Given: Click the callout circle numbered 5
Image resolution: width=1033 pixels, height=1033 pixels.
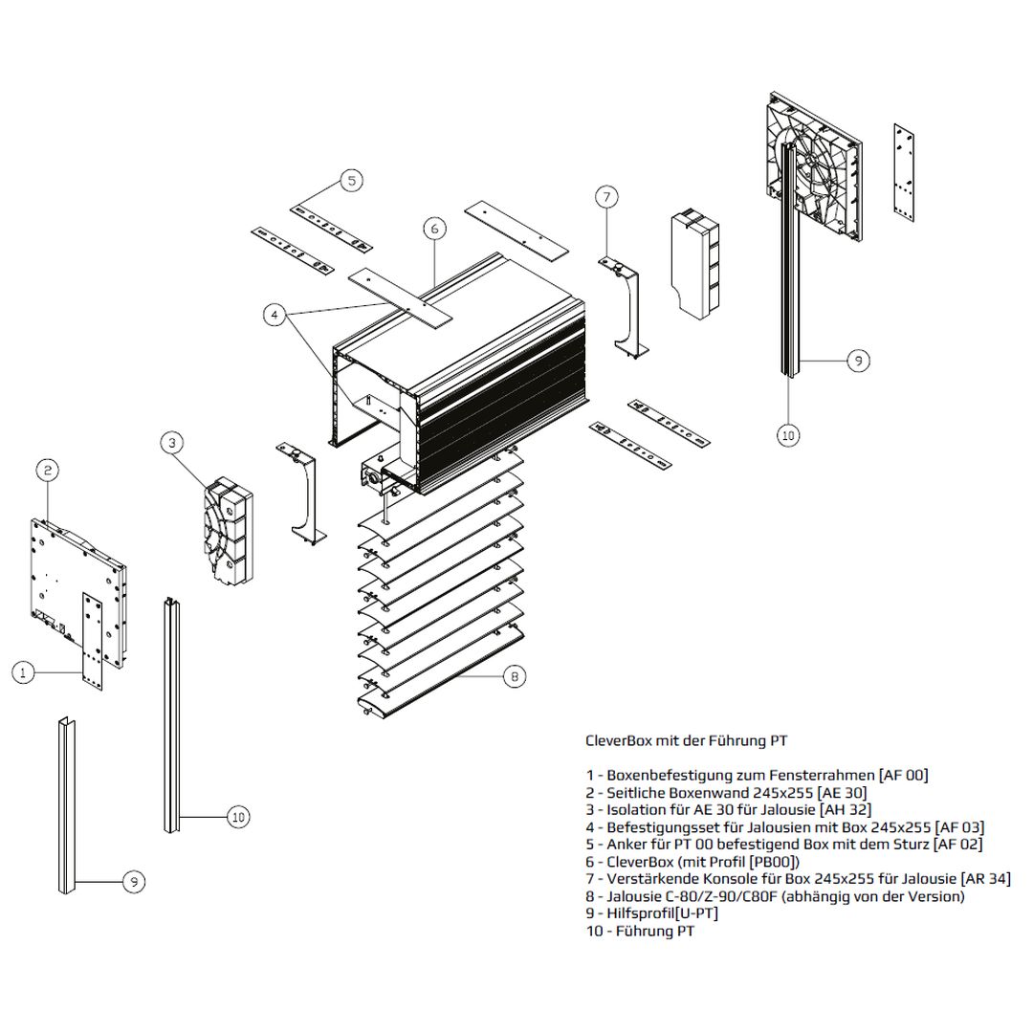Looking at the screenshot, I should tap(350, 180).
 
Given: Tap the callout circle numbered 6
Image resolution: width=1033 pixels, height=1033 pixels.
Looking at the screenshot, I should tap(433, 230).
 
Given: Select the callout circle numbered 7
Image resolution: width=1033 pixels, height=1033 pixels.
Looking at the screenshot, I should tap(606, 198).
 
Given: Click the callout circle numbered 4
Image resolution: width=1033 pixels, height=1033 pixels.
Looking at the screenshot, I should tap(275, 315).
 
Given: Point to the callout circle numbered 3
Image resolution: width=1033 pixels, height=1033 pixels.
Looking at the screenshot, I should tap(171, 442).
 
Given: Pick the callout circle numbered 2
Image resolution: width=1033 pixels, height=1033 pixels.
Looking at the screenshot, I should tap(48, 470).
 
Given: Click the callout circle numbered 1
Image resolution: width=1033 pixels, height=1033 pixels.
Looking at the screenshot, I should tap(25, 673).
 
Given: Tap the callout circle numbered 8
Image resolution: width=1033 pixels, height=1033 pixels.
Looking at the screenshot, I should tap(514, 677).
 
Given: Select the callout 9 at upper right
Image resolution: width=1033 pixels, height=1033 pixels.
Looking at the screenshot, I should tap(858, 360).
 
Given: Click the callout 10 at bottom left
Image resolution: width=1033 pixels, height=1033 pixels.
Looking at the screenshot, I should tap(238, 817).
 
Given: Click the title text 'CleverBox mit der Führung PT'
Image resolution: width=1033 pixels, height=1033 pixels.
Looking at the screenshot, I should tap(687, 740).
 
